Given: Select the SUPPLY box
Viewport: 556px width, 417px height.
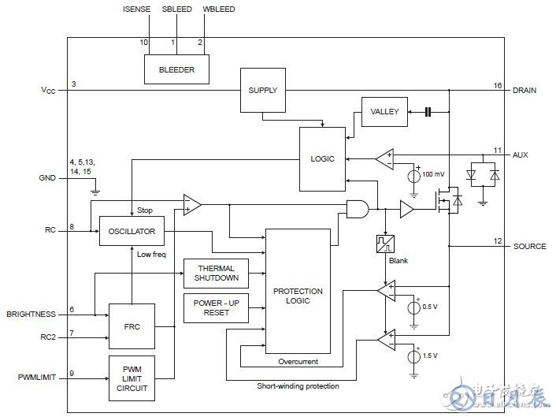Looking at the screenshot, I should pyautogui.click(x=262, y=90).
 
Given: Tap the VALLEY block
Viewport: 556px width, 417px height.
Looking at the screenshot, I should pyautogui.click(x=384, y=113).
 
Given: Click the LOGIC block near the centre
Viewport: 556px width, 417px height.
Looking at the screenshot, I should pyautogui.click(x=323, y=158).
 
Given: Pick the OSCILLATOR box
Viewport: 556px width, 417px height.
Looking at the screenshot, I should pyautogui.click(x=132, y=232).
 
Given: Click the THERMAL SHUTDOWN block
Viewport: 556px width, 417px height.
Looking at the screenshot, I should pyautogui.click(x=215, y=274).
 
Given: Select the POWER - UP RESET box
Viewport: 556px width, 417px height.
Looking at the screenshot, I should pyautogui.click(x=215, y=308).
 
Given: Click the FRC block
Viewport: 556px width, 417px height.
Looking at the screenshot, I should pyautogui.click(x=132, y=324).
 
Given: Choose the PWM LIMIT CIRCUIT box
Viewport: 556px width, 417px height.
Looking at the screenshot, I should pyautogui.click(x=132, y=378).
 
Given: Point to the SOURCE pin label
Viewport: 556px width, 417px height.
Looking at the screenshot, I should pyautogui.click(x=528, y=246).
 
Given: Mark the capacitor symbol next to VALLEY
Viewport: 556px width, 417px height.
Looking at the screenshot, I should pyautogui.click(x=428, y=113).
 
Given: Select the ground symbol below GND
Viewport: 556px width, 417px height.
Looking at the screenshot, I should pyautogui.click(x=95, y=189).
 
